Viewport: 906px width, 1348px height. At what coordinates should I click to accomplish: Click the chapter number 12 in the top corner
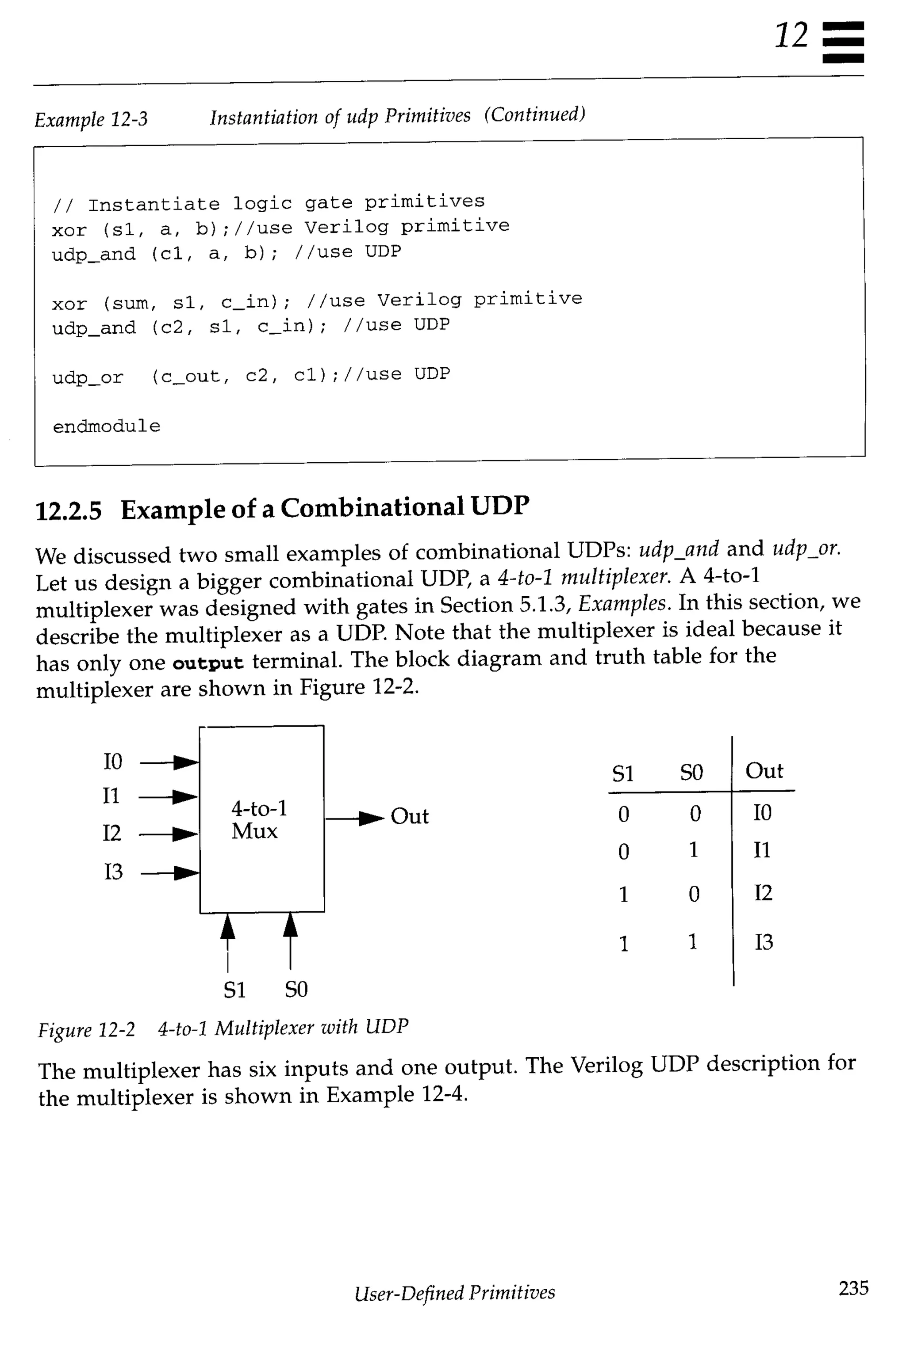coord(791,36)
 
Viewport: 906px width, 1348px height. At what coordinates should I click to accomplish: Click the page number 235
coord(853,1287)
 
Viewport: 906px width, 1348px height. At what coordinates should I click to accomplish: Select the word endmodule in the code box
coord(106,426)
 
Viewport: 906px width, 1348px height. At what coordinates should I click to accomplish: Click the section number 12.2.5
coord(68,511)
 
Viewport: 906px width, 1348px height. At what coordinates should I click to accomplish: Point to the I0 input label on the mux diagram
coord(113,762)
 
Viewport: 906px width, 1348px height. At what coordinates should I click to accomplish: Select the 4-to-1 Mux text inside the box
coord(258,819)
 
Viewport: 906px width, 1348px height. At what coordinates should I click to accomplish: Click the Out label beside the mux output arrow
coord(409,816)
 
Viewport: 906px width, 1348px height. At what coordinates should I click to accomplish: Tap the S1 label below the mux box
coord(234,990)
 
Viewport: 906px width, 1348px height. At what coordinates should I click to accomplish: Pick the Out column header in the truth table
coord(764,771)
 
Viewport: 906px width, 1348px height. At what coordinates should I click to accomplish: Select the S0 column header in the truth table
coord(691,772)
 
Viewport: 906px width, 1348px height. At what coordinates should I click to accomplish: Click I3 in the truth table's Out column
coord(763,942)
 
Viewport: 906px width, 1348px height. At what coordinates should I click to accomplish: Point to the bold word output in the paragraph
coord(208,662)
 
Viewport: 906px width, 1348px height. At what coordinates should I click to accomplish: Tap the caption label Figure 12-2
coord(86,1029)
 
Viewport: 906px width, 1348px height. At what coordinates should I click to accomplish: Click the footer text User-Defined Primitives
coord(455,1291)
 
